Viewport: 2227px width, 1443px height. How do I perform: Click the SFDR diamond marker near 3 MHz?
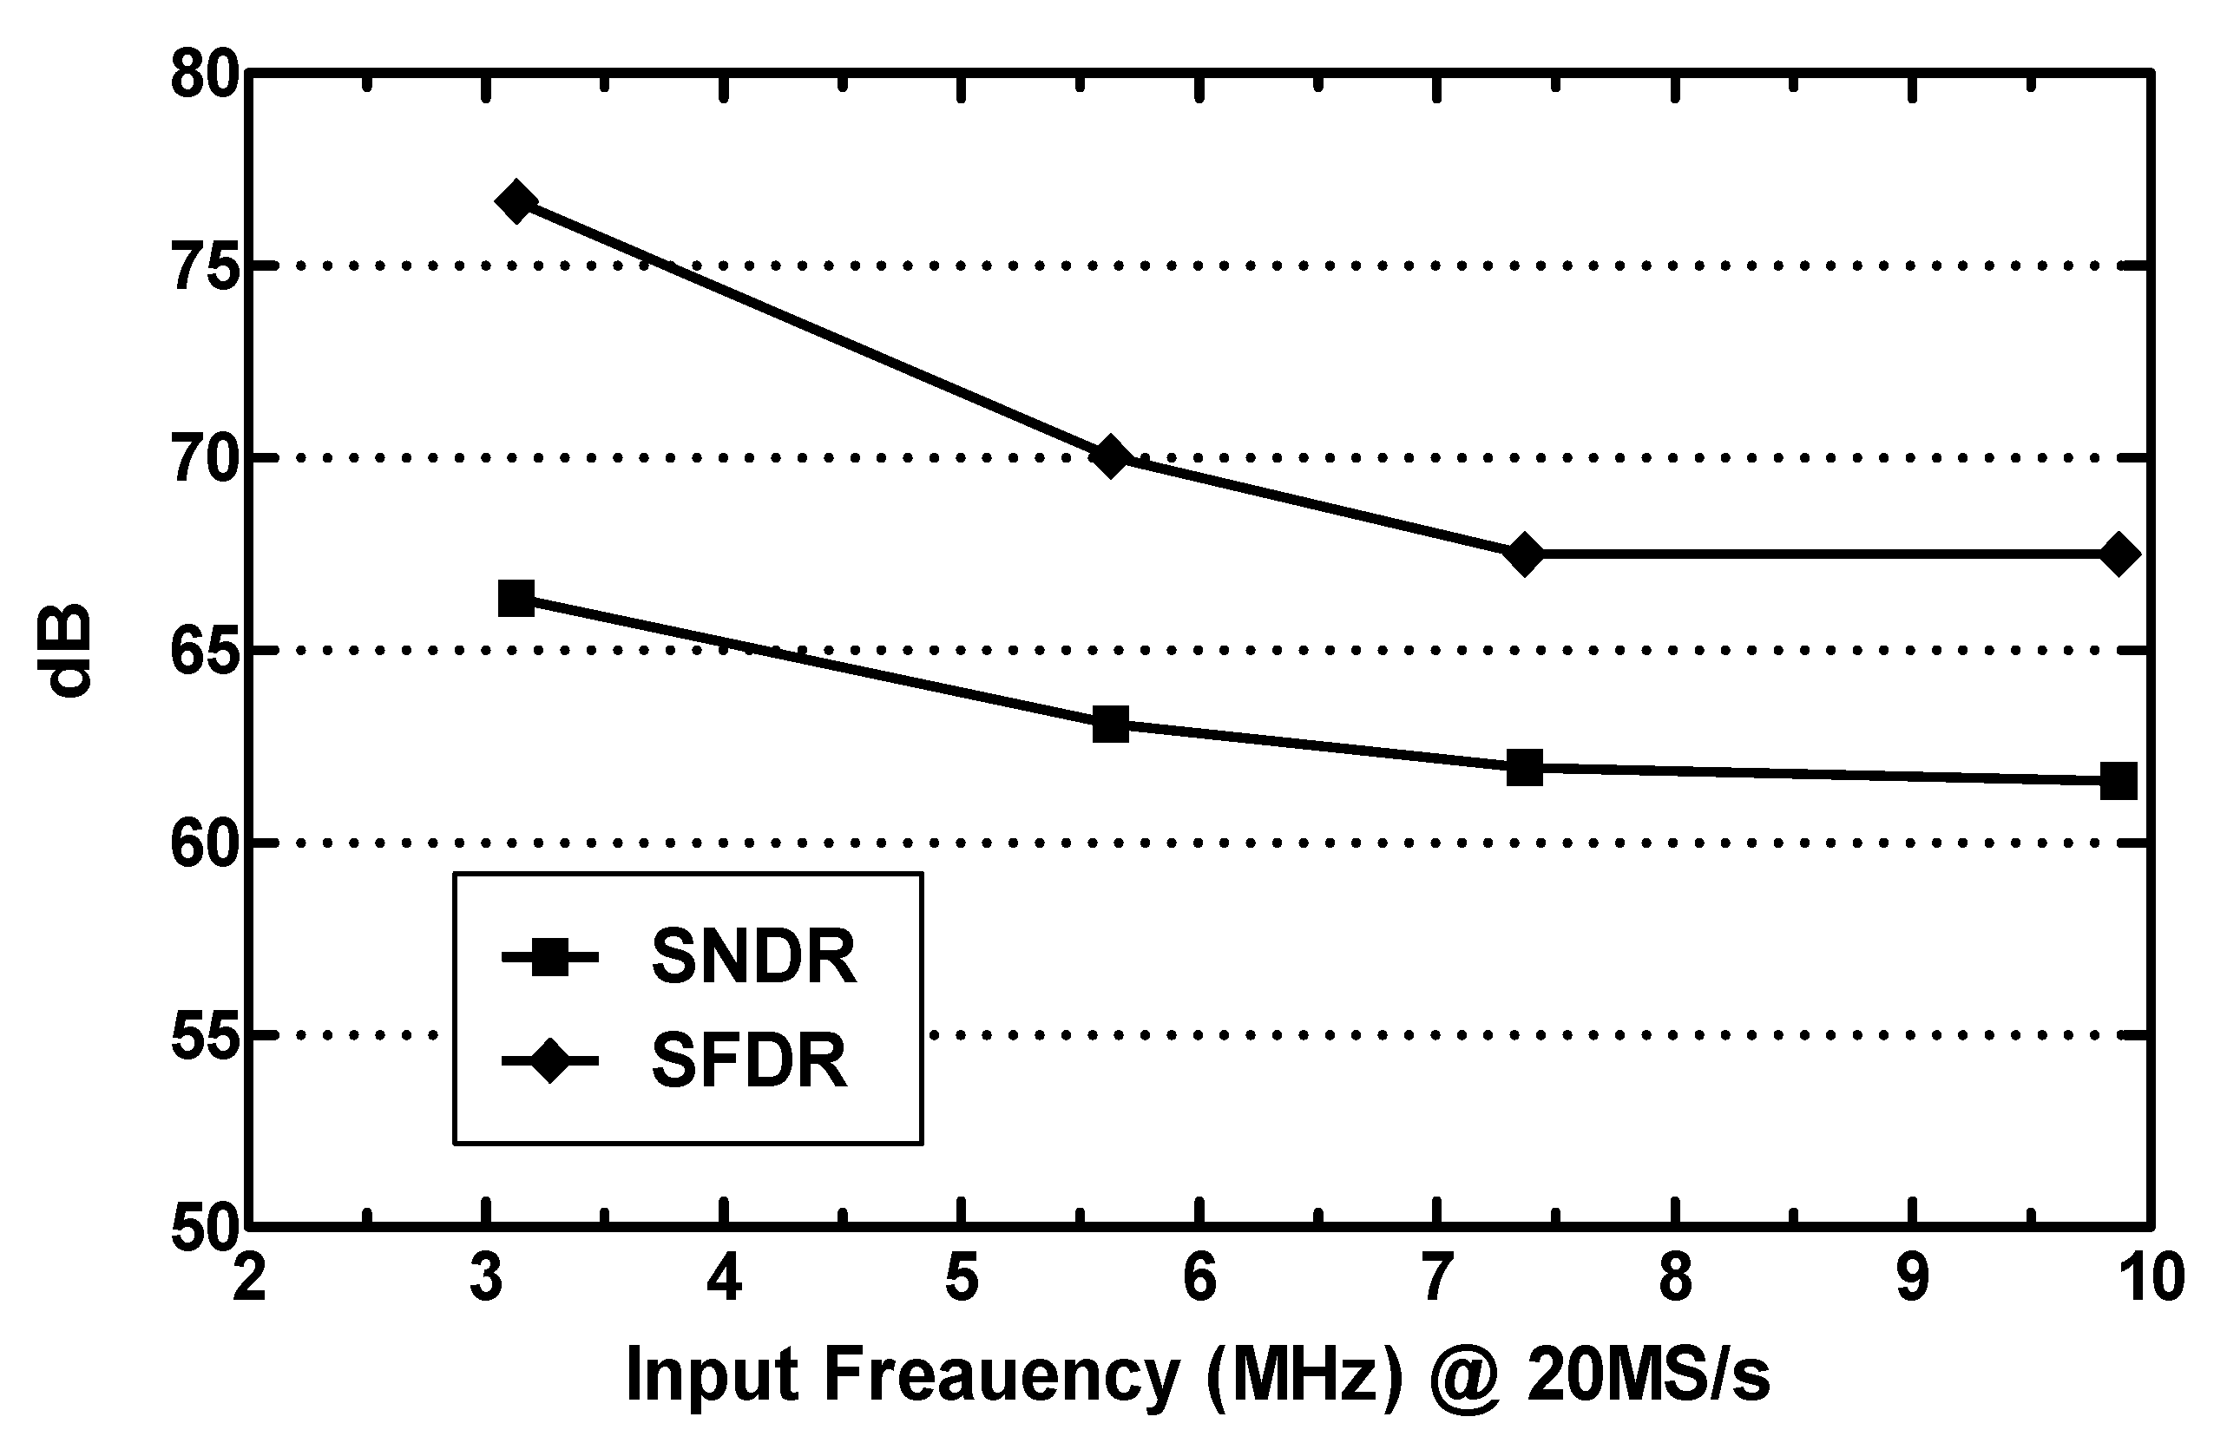[516, 201]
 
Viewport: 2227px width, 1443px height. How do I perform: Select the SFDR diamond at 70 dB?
[1110, 456]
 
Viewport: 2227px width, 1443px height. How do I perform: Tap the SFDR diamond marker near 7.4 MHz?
[1524, 554]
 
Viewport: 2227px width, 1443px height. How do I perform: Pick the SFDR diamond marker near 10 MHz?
[2119, 554]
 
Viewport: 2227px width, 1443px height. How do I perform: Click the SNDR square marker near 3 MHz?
[516, 597]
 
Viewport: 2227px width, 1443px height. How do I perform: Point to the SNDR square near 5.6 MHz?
[1110, 724]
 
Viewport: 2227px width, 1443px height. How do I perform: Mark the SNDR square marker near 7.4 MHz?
[1524, 767]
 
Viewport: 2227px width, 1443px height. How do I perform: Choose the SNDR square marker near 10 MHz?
[2119, 780]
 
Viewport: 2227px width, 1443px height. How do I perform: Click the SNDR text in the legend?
[753, 957]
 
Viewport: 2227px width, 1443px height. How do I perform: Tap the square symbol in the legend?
[549, 957]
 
